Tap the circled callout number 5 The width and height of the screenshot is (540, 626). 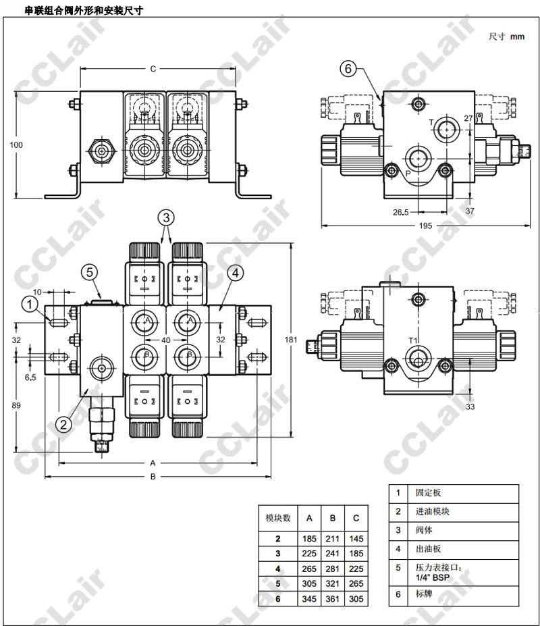(91, 272)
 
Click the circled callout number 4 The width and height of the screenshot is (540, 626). (234, 273)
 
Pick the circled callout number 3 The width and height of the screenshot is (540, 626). (167, 217)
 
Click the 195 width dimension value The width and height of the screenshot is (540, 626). (425, 226)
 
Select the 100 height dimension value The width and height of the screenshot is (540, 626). (18, 145)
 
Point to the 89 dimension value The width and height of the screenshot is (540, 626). (18, 405)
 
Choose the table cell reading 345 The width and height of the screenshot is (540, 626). (309, 598)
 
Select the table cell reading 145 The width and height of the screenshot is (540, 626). (356, 539)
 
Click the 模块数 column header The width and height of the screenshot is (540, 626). (277, 518)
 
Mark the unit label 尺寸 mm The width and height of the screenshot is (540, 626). (506, 36)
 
